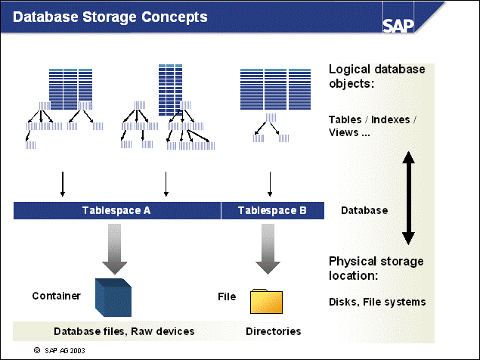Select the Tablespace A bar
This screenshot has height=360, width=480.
click(x=116, y=210)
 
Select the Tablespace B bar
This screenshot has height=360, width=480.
click(x=272, y=210)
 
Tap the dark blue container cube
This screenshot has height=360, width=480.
click(x=113, y=296)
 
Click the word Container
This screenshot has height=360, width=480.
click(x=56, y=296)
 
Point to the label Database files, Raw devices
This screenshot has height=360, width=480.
click(x=124, y=331)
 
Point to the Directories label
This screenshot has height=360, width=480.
click(x=273, y=331)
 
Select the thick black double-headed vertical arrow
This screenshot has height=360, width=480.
click(x=408, y=198)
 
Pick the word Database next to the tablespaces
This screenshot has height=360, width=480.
click(x=364, y=210)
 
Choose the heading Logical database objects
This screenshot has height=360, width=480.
click(x=376, y=76)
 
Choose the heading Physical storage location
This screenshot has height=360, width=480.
click(x=376, y=268)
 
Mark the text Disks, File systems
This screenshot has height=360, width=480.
click(x=377, y=302)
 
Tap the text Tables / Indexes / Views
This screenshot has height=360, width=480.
click(x=373, y=126)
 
